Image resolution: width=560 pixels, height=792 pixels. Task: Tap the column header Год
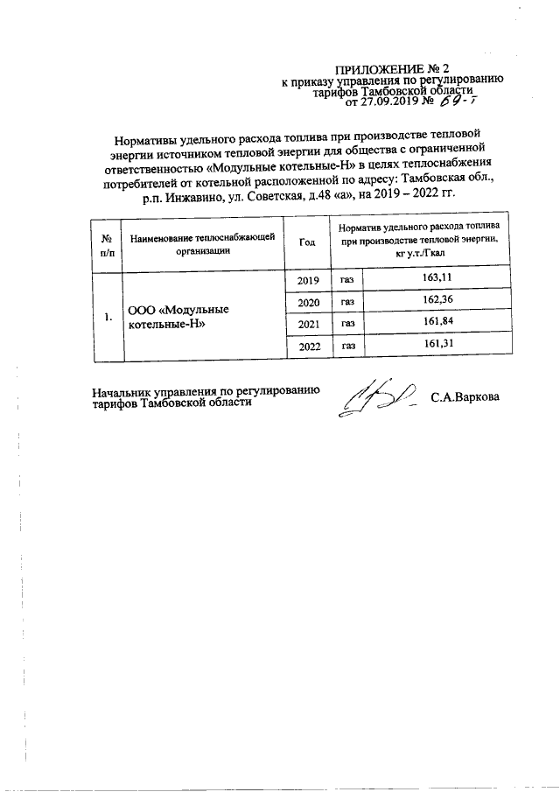(306, 242)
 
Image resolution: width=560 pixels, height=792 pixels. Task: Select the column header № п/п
(107, 242)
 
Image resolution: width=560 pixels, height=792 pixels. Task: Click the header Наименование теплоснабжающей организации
(202, 242)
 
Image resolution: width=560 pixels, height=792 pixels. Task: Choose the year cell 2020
(308, 303)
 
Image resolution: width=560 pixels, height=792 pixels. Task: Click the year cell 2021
(308, 325)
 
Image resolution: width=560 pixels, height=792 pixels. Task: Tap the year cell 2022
(308, 347)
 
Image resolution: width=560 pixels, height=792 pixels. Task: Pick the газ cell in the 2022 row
(347, 347)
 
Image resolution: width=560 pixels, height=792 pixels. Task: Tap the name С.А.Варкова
(465, 397)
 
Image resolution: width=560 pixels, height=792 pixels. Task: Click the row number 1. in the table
(107, 316)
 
